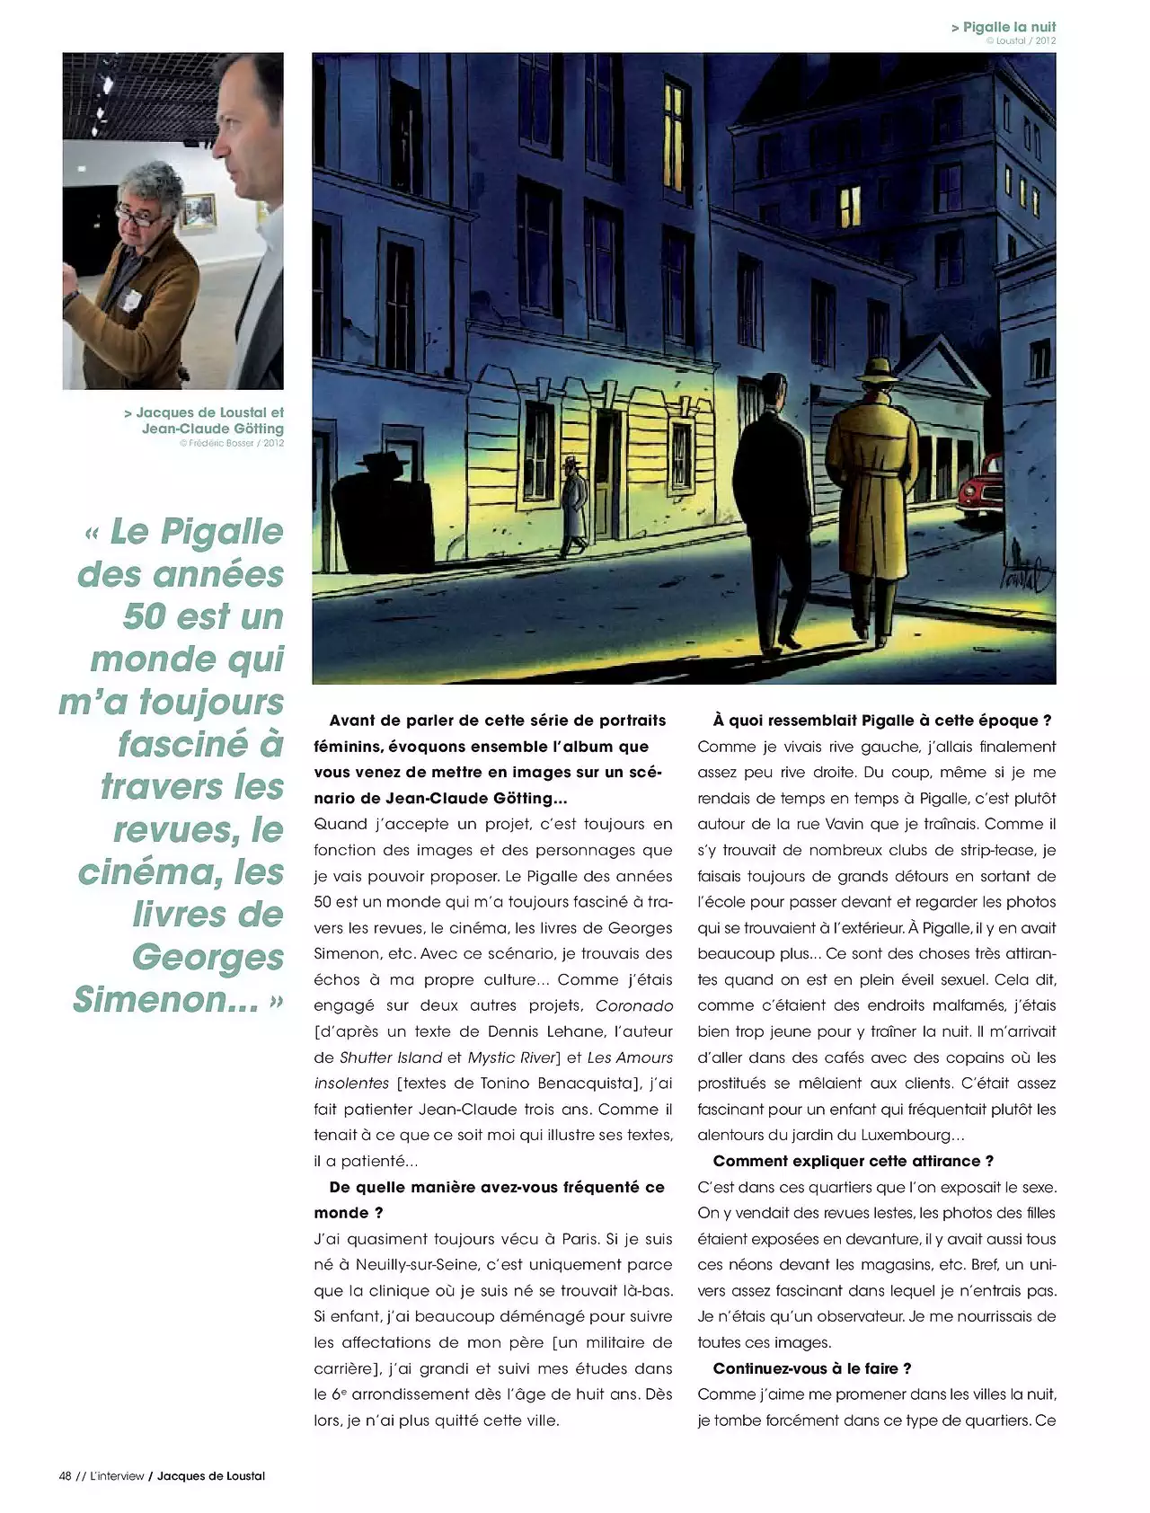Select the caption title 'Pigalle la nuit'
1009,27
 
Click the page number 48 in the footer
65,1476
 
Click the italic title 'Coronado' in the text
633,1005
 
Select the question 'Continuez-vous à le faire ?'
812,1368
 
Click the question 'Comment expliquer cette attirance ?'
854,1161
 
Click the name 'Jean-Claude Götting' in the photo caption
213,429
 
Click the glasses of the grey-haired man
137,214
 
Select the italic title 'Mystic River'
514,1057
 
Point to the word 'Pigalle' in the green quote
221,532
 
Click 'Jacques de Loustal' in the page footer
211,1476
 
